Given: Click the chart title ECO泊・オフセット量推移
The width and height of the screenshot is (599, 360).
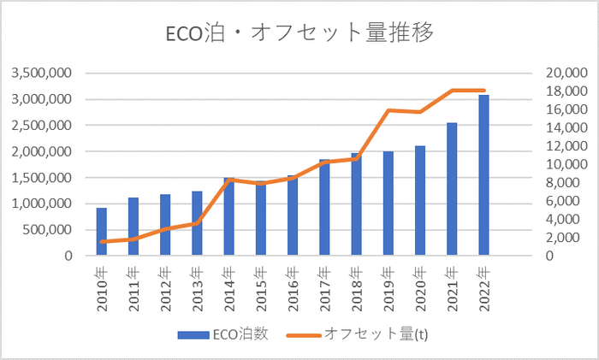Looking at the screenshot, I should click(x=299, y=33).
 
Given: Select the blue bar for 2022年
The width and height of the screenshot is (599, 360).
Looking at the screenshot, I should click(x=483, y=175).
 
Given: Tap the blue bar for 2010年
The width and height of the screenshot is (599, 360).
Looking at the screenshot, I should click(x=102, y=232).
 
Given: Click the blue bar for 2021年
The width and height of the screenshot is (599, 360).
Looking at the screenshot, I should click(x=452, y=189).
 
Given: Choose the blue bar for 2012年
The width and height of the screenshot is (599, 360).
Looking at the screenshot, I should click(x=165, y=225).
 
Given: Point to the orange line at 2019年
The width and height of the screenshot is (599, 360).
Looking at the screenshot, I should click(x=388, y=110).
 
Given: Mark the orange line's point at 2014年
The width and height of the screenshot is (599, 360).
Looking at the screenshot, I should click(x=229, y=180).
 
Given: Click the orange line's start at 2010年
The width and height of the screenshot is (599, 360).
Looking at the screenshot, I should click(x=102, y=241).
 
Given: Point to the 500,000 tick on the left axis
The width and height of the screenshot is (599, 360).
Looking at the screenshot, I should click(x=50, y=229).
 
